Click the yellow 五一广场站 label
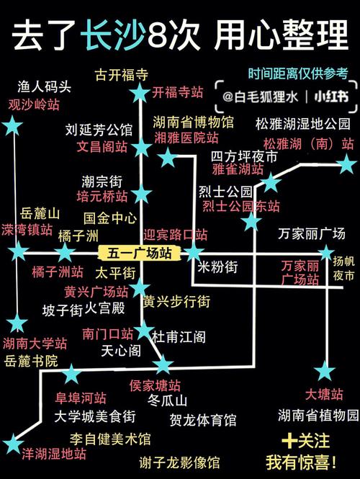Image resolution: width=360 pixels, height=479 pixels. [139, 254]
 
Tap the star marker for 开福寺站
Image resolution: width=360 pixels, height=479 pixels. [140, 92]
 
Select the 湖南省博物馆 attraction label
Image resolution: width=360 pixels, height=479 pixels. [193, 122]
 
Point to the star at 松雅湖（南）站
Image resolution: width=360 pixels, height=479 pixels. [346, 164]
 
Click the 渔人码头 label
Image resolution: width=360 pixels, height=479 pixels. [44, 86]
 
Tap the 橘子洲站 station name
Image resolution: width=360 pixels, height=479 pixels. [58, 272]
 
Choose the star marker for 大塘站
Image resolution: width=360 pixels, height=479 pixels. [325, 370]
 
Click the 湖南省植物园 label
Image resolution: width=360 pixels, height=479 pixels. [318, 415]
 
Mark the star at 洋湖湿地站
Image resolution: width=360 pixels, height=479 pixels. [12, 444]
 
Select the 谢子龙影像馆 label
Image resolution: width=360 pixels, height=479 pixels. [179, 462]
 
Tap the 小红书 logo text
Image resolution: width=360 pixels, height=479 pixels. [331, 97]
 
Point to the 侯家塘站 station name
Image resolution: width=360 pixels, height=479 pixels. [155, 386]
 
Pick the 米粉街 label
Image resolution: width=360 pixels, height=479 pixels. [217, 267]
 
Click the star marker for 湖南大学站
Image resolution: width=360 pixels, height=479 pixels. [17, 323]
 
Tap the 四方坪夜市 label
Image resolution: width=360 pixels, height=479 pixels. [244, 157]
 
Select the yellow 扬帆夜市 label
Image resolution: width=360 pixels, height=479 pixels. [344, 269]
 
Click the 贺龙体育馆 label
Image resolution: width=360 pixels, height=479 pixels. [203, 420]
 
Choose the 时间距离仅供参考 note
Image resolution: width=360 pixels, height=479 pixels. [298, 73]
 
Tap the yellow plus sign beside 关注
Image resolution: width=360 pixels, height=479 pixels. [289, 441]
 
